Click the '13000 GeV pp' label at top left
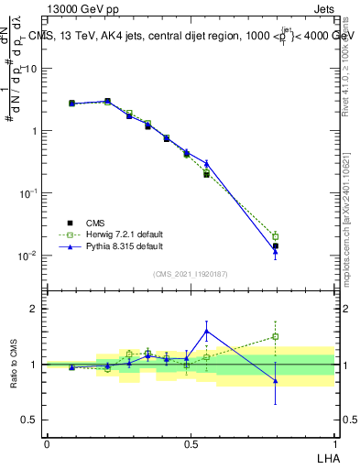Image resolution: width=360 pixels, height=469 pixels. point(79,8)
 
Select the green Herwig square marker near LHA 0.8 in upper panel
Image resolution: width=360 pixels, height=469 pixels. point(275,236)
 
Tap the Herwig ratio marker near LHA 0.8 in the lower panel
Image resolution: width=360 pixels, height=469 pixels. point(275,337)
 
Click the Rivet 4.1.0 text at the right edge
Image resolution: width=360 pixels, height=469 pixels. point(347,64)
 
